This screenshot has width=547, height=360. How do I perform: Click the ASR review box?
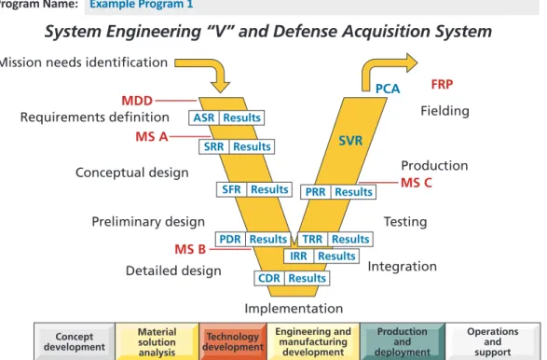point(204,118)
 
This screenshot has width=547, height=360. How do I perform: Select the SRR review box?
point(213,146)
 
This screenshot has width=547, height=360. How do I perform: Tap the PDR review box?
point(230,239)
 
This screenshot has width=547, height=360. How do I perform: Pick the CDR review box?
point(269,278)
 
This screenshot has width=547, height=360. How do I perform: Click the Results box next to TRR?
point(350,239)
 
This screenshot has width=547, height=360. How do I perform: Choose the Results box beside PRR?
point(353,192)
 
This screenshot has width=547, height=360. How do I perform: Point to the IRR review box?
point(298,256)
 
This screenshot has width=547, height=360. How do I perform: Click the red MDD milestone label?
point(137,101)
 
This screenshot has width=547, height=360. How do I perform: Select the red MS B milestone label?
point(190,249)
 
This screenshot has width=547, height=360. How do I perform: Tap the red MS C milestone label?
point(417,183)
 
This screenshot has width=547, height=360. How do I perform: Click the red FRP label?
point(442,84)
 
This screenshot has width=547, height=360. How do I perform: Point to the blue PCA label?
point(388,89)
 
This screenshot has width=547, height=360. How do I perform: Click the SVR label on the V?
point(350,141)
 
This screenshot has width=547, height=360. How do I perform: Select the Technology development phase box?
point(233,341)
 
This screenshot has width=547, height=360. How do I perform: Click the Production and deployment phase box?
point(403,341)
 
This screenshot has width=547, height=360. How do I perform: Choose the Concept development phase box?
point(75,341)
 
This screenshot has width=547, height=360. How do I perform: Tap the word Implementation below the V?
point(294,309)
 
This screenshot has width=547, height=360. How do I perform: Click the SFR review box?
point(231,189)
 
